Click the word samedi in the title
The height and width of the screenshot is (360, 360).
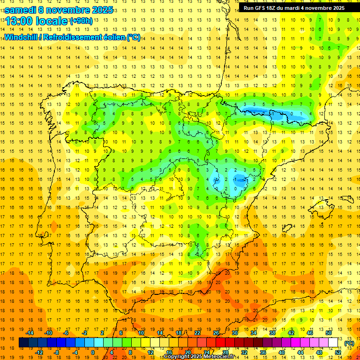coord(21,10)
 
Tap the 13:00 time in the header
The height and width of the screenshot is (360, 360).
coord(19,21)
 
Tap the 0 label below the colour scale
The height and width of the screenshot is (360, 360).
coord(93,352)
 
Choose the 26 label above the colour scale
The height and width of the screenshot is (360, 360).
coord(216,333)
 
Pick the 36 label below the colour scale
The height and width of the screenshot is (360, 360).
coord(263,352)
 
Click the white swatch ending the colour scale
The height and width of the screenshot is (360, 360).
coord(333,343)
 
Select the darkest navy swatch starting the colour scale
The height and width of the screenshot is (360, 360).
coord(23,343)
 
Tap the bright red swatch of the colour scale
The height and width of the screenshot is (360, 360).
coord(220,343)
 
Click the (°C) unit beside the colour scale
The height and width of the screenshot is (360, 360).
coord(349,343)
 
